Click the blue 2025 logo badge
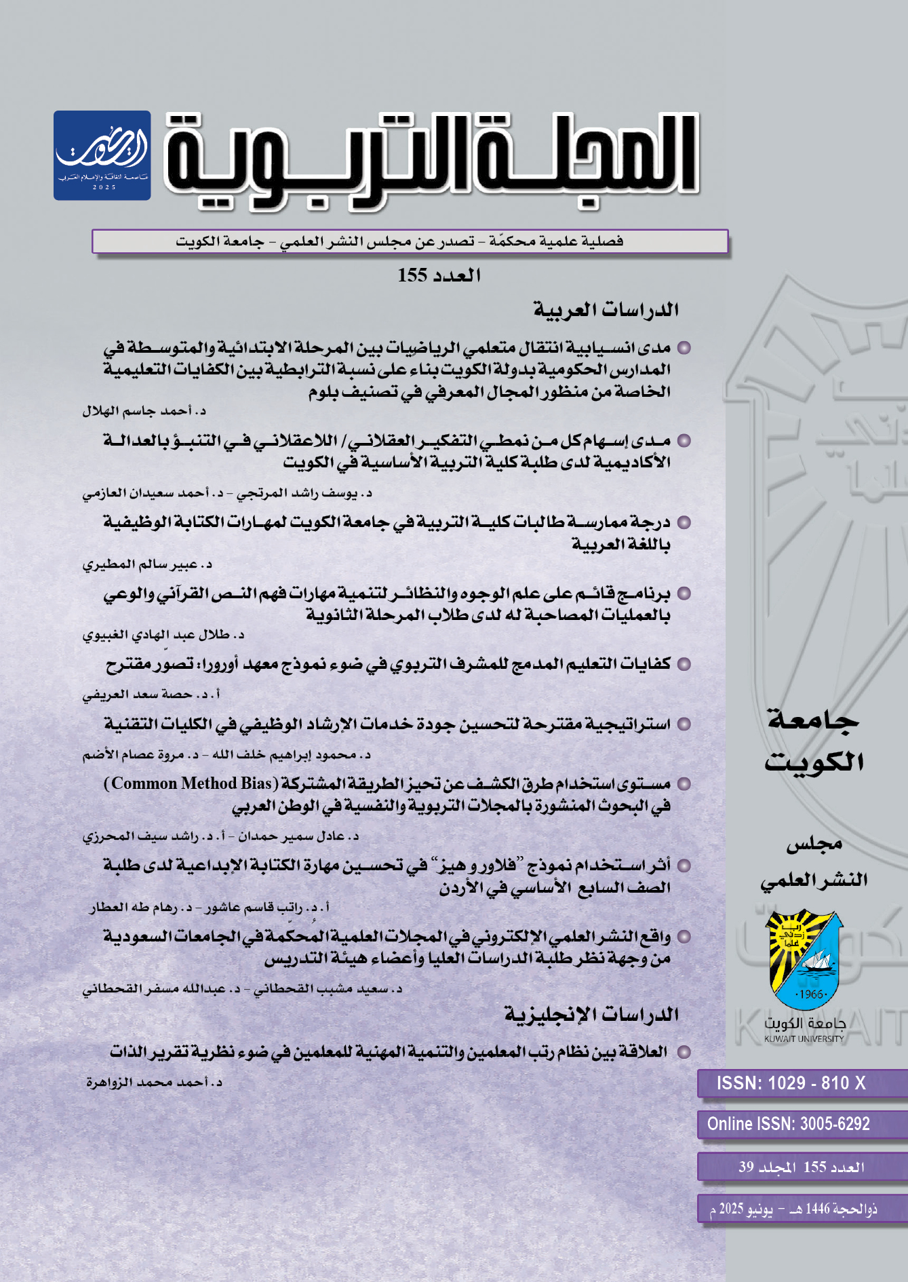102,155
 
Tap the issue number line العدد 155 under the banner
439,275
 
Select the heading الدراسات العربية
606,310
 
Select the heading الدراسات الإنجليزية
591,1015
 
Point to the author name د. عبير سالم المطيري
147,564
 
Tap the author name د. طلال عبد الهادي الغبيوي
163,636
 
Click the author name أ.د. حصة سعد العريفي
151,695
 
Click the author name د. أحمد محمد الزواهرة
154,1083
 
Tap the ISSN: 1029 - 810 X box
791,1083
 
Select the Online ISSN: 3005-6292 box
789,1124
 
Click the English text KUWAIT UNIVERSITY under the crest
804,1038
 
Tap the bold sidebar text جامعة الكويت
813,741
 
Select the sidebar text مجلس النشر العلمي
814,862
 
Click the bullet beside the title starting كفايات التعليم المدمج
684,665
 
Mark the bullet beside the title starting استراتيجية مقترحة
684,724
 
